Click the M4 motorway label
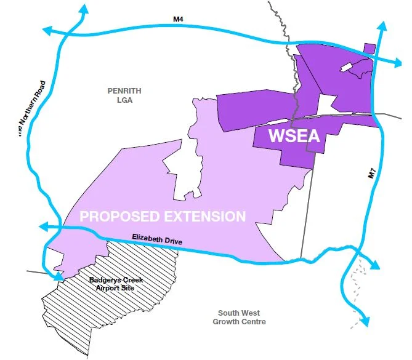177,20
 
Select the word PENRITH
124,91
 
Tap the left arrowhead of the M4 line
45,29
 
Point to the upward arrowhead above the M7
382,26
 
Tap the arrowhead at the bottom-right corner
365,322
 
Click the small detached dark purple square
370,49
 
